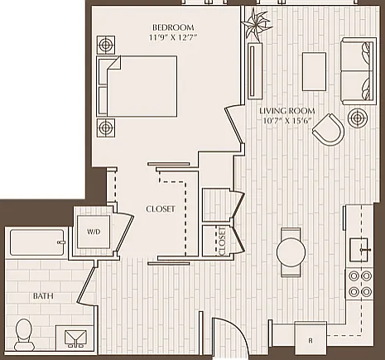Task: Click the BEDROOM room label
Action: [x=173, y=27]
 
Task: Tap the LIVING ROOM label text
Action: [x=287, y=111]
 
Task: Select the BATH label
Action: [x=43, y=296]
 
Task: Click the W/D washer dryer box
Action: [x=94, y=232]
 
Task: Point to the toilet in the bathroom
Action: [x=24, y=334]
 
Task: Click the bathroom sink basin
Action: [x=75, y=338]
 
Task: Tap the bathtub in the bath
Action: [x=37, y=242]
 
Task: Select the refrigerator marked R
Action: [x=310, y=337]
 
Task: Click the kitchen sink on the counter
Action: [x=359, y=250]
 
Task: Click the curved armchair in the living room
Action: [x=329, y=130]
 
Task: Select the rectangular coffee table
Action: [x=314, y=71]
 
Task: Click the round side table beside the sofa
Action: [x=358, y=118]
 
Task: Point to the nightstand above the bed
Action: [x=106, y=45]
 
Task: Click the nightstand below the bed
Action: [x=106, y=127]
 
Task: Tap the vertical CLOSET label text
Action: [x=222, y=242]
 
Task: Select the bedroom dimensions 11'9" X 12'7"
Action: [x=173, y=37]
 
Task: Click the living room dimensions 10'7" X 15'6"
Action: [x=287, y=121]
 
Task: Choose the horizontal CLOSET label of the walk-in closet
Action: [x=161, y=209]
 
